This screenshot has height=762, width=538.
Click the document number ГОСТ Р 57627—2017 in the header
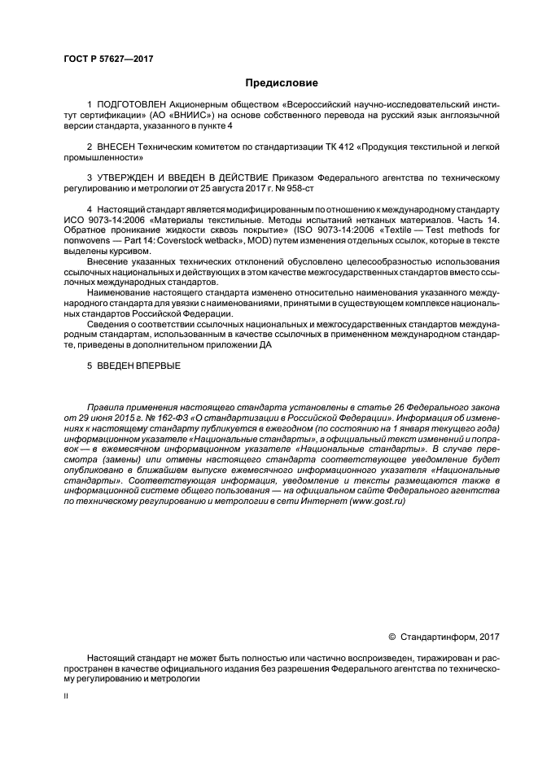tap(108, 59)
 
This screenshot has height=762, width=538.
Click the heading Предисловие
tap(282, 82)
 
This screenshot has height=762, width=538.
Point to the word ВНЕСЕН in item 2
tap(117, 147)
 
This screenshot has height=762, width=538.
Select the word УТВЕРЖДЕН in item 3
tap(126, 177)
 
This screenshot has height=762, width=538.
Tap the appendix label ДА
tap(265, 344)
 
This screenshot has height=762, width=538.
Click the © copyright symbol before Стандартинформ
tap(391, 636)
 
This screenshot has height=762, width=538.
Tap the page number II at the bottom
tap(66, 697)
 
